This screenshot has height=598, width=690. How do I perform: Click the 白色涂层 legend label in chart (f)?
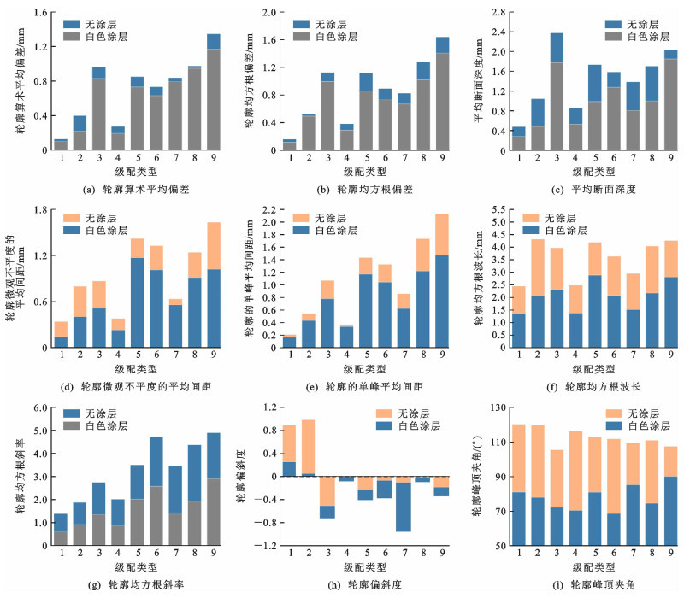click(x=578, y=230)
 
